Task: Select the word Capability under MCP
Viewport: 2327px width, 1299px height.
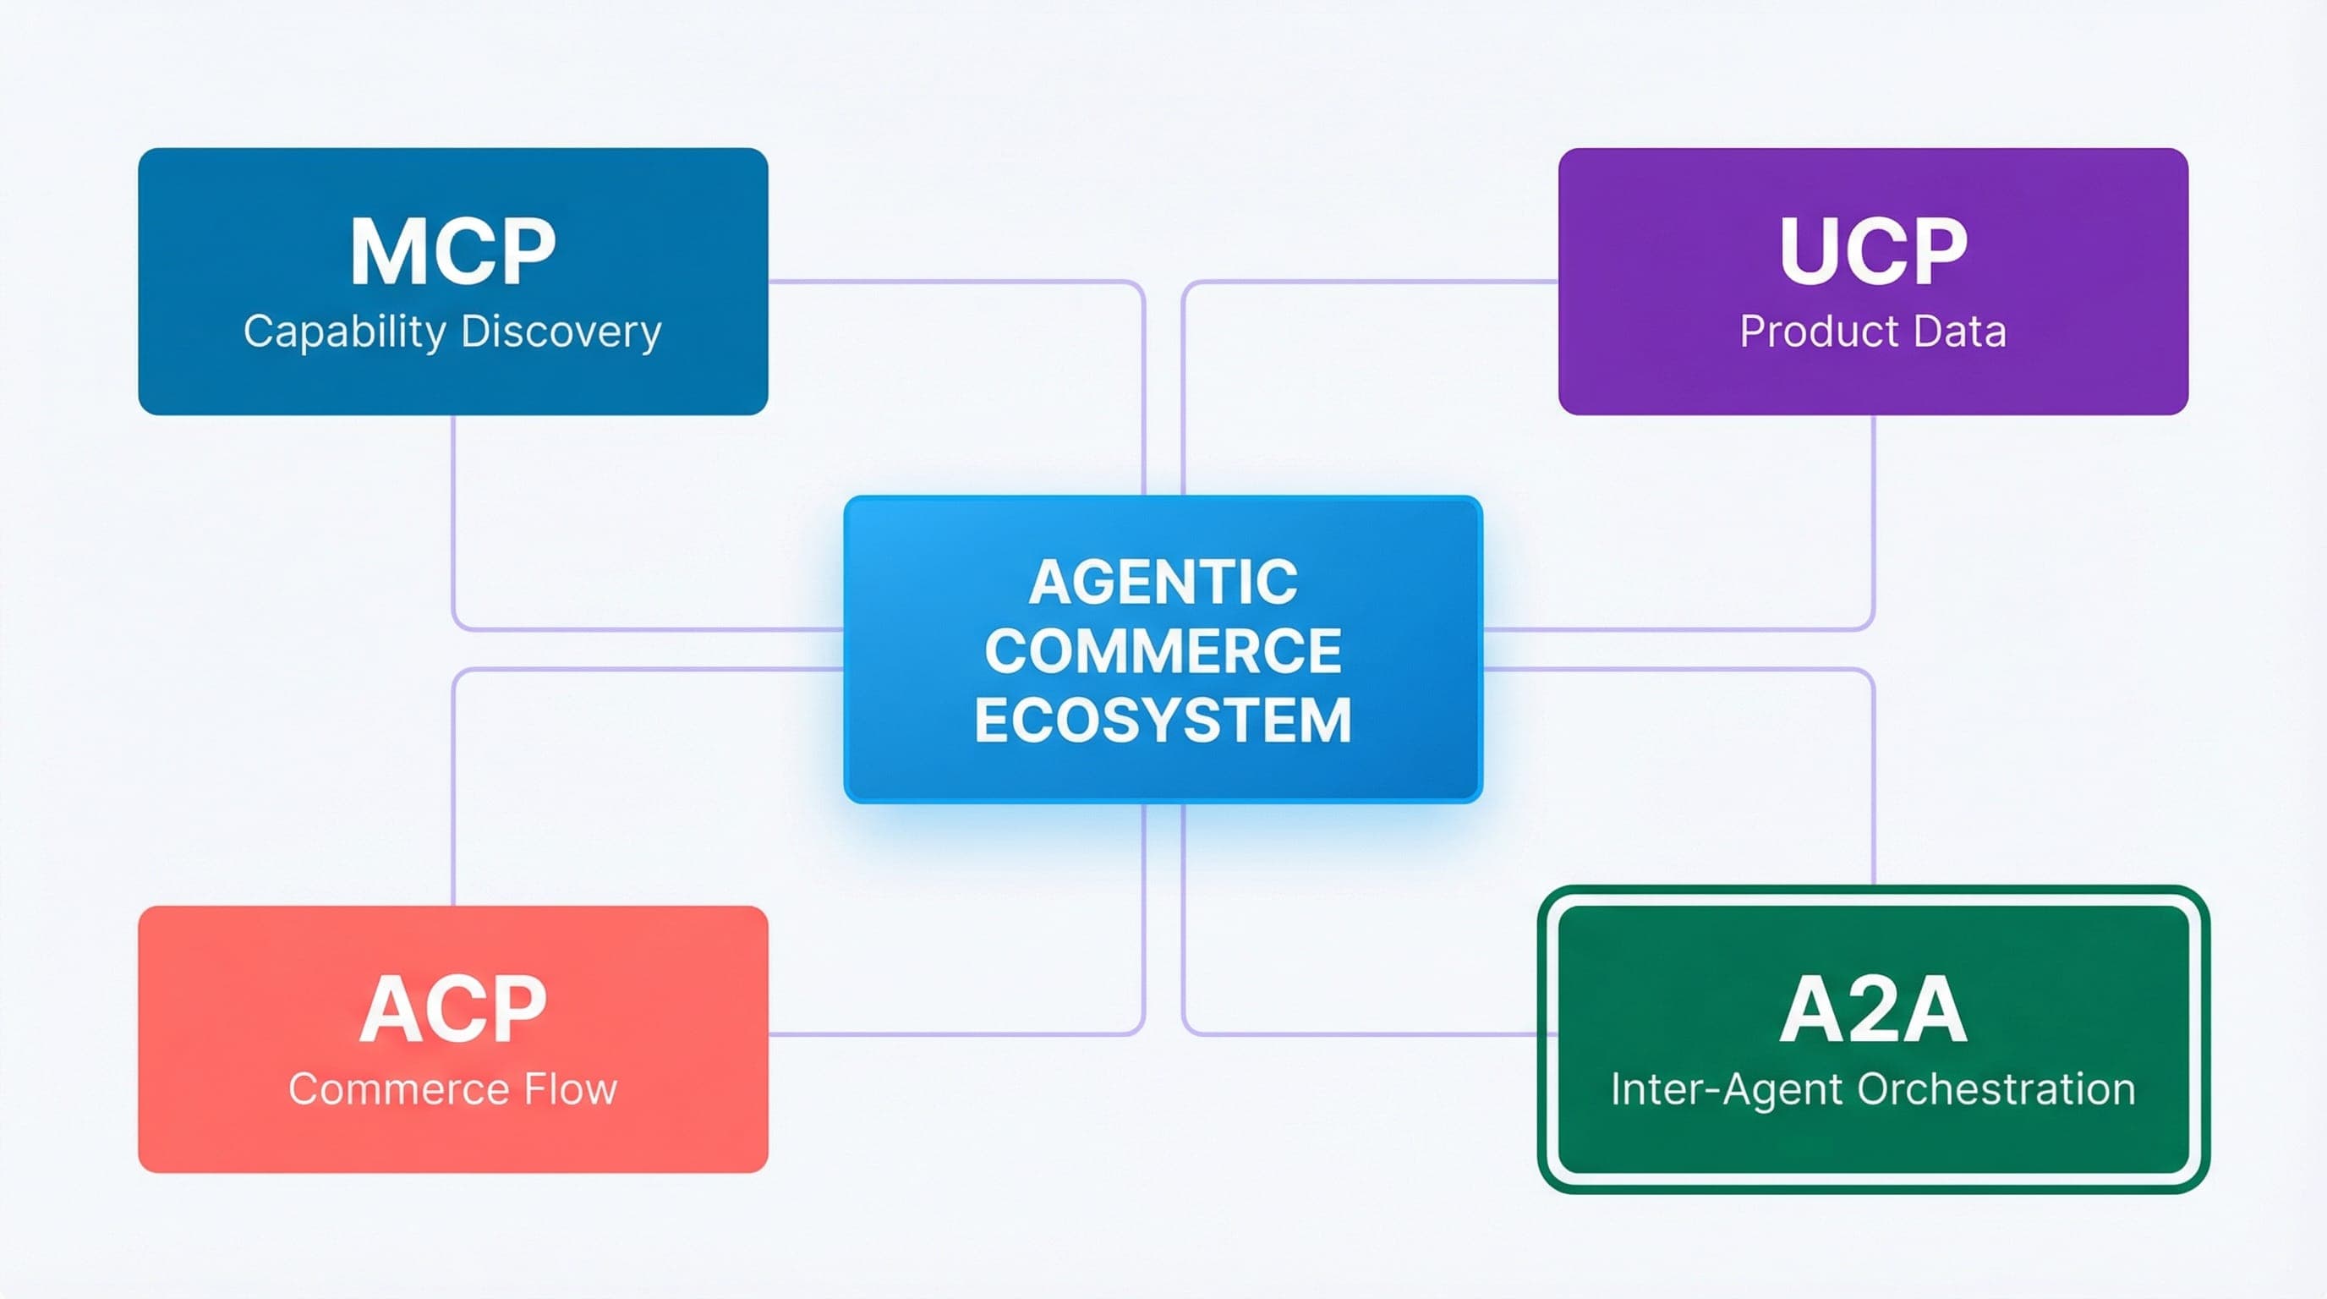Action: click(x=344, y=332)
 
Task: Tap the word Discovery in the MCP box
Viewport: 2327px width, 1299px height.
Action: click(x=561, y=332)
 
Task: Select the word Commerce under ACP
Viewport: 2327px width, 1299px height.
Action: click(x=397, y=1088)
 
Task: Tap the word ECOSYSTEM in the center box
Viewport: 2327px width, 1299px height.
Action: click(x=1163, y=720)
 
